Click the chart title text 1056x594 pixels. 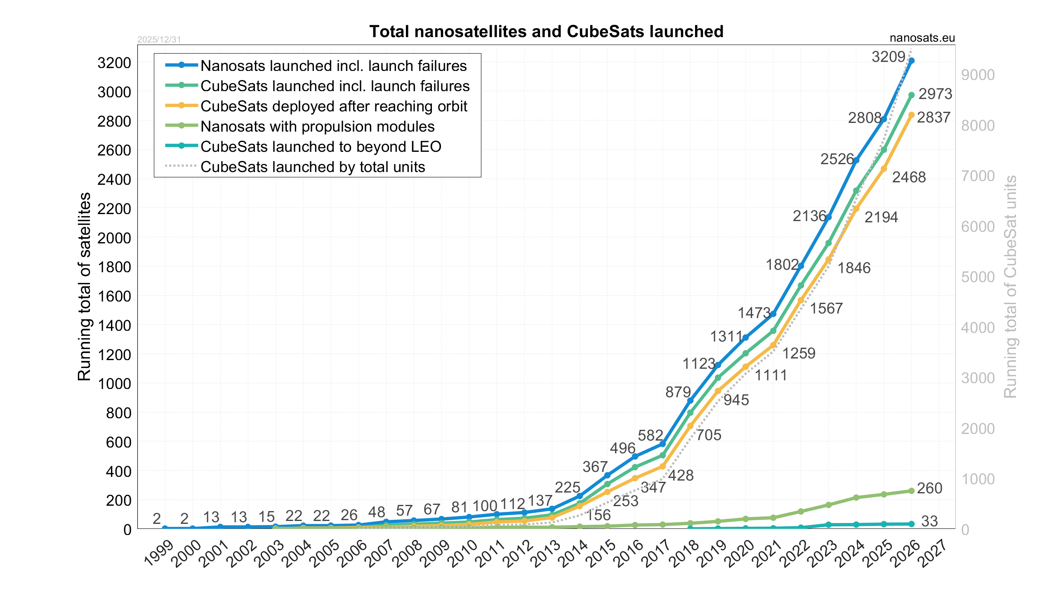click(546, 31)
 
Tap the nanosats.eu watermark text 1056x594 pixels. click(922, 38)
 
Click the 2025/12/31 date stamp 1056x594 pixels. click(159, 40)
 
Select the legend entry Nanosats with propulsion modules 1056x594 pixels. click(317, 126)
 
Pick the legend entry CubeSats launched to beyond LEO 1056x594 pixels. click(321, 146)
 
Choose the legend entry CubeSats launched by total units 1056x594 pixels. click(312, 167)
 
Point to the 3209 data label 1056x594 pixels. click(888, 57)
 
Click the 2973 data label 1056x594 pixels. click(935, 94)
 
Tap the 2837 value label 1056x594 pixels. click(933, 118)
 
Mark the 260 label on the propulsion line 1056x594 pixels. click(930, 488)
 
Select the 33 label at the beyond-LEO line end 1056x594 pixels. click(929, 521)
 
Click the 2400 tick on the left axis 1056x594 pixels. click(114, 179)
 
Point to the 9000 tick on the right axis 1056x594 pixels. click(978, 75)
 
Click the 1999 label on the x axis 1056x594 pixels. click(159, 554)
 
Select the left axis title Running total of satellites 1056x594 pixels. click(84, 286)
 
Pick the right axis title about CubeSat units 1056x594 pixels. click(1010, 286)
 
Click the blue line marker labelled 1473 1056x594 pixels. click(773, 314)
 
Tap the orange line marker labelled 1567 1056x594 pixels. click(801, 300)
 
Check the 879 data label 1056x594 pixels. click(678, 392)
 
